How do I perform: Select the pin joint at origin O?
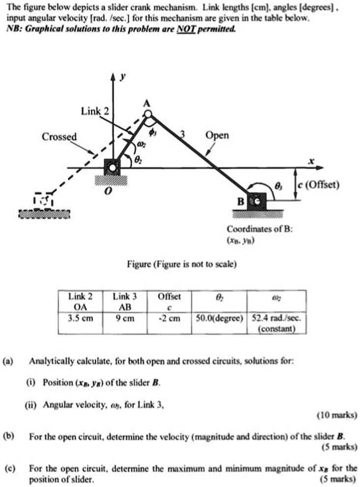click(x=113, y=168)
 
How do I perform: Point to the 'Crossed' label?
click(x=59, y=136)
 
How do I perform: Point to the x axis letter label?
click(x=310, y=161)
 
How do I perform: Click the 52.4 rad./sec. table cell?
click(x=278, y=322)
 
